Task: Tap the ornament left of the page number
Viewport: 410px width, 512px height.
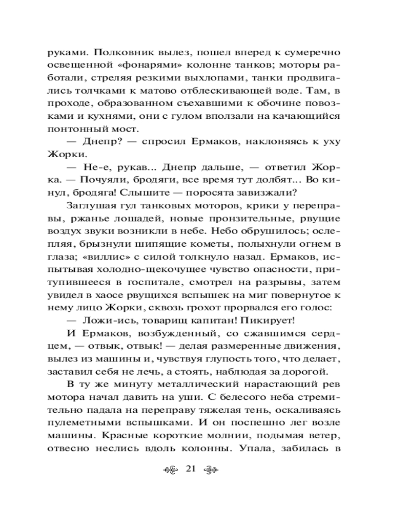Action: [x=171, y=470]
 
